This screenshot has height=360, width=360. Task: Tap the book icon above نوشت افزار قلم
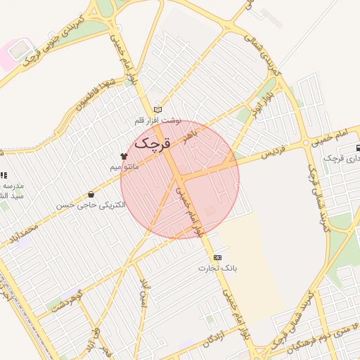(157, 109)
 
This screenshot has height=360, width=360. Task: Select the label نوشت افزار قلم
(158, 120)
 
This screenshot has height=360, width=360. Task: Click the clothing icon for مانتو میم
(123, 156)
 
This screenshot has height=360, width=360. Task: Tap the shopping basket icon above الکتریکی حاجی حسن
(91, 194)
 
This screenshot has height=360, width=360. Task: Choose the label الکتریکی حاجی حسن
(91, 205)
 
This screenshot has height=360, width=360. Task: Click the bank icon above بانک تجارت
(217, 257)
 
